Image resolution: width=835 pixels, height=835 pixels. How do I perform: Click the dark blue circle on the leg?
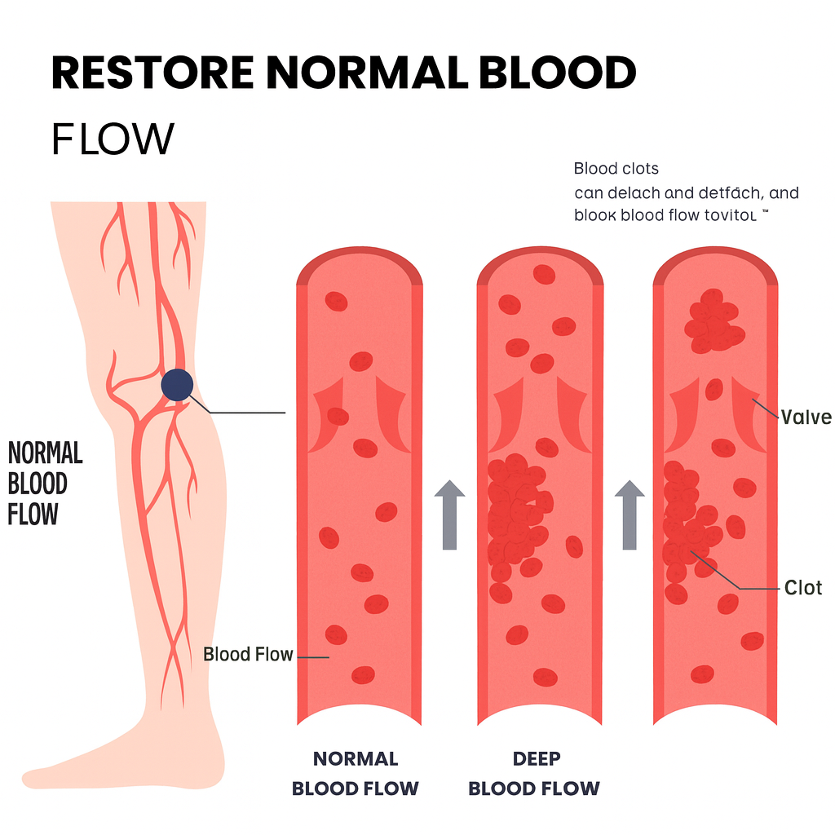(x=177, y=385)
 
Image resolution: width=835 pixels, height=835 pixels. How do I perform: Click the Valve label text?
(x=806, y=418)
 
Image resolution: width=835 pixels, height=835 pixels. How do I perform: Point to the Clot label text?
(x=803, y=587)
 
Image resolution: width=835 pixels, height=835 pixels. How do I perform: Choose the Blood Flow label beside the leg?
(x=248, y=654)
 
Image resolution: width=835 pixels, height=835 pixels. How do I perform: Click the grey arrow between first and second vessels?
(x=449, y=514)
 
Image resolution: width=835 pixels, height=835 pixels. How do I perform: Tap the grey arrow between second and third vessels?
(x=630, y=514)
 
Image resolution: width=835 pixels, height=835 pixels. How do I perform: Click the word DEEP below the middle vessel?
(x=537, y=759)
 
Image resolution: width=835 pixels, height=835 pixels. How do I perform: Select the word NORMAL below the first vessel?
(x=356, y=759)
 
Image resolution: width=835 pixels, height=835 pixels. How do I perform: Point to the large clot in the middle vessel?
(x=515, y=510)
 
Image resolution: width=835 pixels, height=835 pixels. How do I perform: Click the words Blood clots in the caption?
(x=616, y=170)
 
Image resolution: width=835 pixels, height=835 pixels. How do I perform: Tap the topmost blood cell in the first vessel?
(x=336, y=302)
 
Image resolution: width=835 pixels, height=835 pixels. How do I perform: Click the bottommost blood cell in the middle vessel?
(x=545, y=677)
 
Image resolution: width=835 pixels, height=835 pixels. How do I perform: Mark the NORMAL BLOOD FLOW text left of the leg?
(x=45, y=484)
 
